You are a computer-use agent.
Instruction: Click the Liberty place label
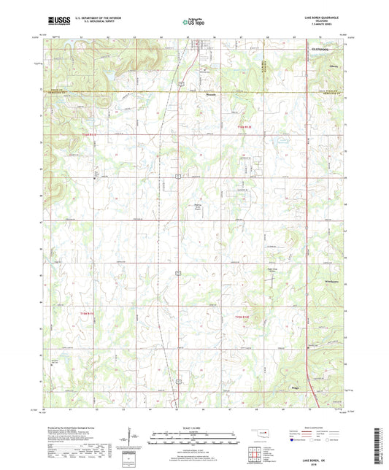click(x=333, y=66)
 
